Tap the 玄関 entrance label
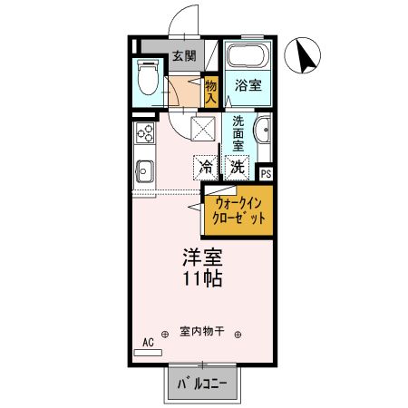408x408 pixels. [x=184, y=56]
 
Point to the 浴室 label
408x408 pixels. [x=249, y=85]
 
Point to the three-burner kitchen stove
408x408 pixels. [x=145, y=135]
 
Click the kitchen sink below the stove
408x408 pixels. [x=143, y=170]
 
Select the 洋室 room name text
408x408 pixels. [x=203, y=257]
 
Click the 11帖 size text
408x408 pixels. [x=203, y=278]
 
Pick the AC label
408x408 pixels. [x=148, y=343]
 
